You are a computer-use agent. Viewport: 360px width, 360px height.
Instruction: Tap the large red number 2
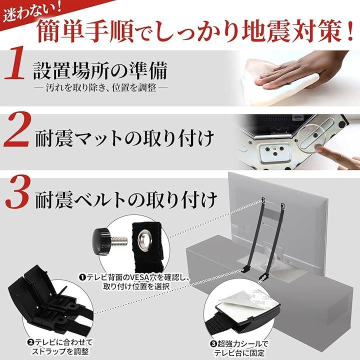pyautogui.click(x=17, y=129)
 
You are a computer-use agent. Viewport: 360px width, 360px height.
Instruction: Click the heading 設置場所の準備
pyautogui.click(x=100, y=70)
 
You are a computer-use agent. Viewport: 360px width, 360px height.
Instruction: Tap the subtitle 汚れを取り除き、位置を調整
pyautogui.click(x=101, y=87)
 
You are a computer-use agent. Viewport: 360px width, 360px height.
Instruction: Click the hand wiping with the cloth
pyautogui.click(x=301, y=71)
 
